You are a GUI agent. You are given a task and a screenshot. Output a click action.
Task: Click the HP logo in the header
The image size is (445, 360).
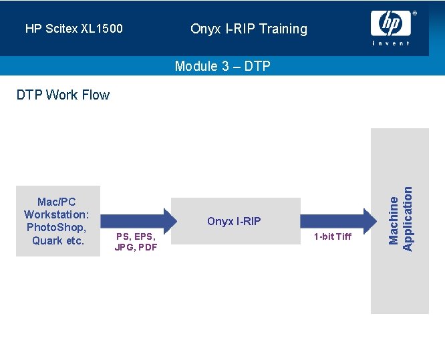pyautogui.click(x=390, y=24)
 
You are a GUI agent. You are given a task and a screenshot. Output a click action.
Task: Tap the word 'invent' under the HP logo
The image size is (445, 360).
pyautogui.click(x=391, y=43)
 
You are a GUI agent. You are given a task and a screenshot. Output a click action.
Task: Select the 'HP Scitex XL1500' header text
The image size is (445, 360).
pyautogui.click(x=74, y=29)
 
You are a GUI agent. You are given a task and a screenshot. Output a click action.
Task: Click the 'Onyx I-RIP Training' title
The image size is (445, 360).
pyautogui.click(x=249, y=29)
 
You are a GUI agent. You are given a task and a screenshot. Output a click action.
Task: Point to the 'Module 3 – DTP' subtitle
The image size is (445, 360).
pyautogui.click(x=222, y=66)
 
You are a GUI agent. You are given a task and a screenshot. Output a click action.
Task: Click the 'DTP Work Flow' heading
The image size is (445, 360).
pyautogui.click(x=63, y=95)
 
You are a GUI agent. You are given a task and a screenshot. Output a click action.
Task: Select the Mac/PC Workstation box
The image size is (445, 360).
pyautogui.click(x=57, y=220)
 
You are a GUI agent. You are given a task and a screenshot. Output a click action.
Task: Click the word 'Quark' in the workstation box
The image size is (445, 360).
pyautogui.click(x=47, y=240)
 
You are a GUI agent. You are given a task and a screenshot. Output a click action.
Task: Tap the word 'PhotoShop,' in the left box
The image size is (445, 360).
pyautogui.click(x=57, y=227)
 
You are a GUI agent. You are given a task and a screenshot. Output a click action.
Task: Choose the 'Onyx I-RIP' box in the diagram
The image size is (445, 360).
pyautogui.click(x=236, y=221)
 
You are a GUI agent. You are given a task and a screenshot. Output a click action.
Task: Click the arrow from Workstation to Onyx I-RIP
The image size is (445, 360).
pyautogui.click(x=137, y=221)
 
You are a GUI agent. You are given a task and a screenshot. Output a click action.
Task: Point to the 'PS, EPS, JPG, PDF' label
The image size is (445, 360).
pyautogui.click(x=136, y=241)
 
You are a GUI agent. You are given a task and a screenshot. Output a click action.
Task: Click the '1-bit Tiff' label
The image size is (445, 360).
pyautogui.click(x=332, y=236)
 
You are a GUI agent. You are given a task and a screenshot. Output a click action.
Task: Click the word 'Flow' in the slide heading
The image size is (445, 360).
pyautogui.click(x=96, y=95)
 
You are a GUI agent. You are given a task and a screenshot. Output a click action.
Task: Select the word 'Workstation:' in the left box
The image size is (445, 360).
pyautogui.click(x=57, y=214)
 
